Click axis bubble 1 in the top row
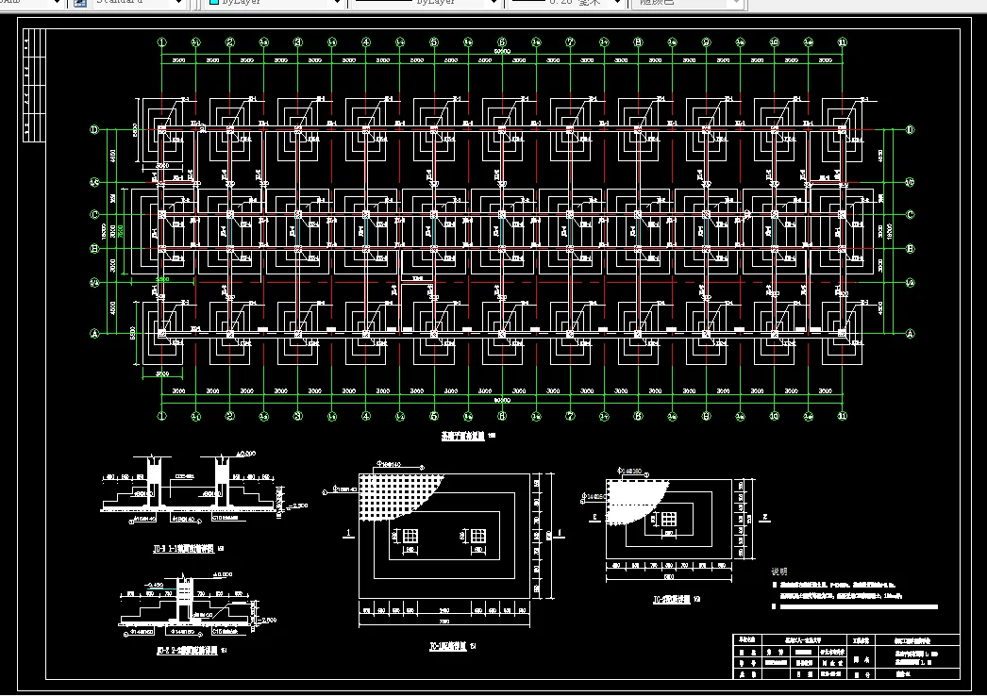coord(162,42)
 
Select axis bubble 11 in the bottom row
coord(842,415)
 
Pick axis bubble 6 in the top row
coord(502,42)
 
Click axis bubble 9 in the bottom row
coord(706,415)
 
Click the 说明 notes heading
coord(779,572)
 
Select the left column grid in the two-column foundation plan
coord(410,536)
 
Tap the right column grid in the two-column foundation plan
coord(478,536)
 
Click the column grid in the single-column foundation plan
coord(668,519)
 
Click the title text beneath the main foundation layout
coord(462,437)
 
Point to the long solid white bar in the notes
coord(849,606)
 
